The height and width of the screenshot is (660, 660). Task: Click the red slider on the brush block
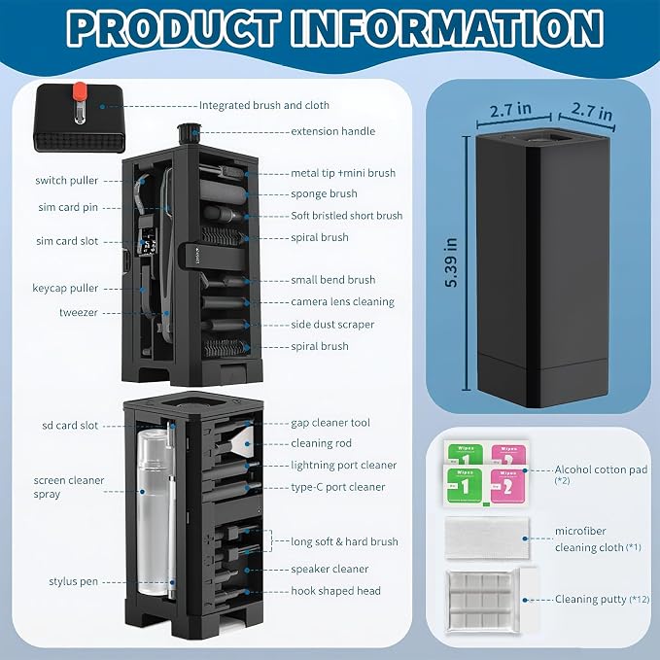[79, 91]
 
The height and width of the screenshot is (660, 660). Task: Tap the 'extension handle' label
[333, 131]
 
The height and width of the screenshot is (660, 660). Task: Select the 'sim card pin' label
[68, 207]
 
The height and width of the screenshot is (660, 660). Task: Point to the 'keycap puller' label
[65, 289]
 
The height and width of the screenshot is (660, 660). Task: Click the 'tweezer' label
[79, 312]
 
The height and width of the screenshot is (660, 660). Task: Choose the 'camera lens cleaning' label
[342, 301]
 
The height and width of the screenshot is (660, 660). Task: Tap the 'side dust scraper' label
[332, 325]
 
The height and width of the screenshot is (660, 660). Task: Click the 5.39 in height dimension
[451, 262]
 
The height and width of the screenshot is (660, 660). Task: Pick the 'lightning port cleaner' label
[343, 466]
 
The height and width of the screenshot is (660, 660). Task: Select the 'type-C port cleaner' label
[338, 487]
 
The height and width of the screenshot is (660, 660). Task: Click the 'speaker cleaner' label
[330, 569]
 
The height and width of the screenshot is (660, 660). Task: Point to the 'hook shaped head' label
[335, 591]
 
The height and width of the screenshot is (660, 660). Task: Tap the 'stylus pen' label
[73, 581]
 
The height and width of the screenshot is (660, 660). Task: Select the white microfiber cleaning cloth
[487, 538]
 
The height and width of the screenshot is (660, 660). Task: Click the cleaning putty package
[491, 601]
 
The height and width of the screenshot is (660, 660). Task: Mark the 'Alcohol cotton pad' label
[601, 469]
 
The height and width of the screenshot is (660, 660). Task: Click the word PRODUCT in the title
[173, 28]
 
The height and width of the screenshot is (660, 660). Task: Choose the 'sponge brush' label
[324, 193]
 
